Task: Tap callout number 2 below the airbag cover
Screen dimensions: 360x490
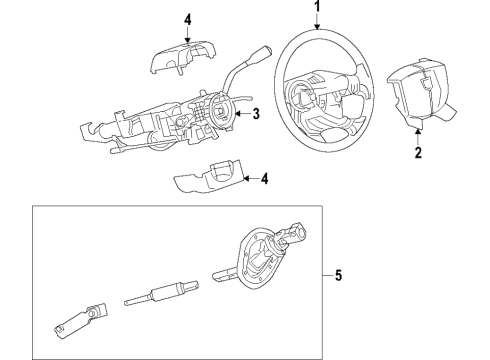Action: coord(418,154)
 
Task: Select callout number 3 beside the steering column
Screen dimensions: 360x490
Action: coord(256,114)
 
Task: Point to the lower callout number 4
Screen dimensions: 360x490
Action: coord(264,180)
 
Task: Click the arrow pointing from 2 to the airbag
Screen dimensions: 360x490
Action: coord(418,138)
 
